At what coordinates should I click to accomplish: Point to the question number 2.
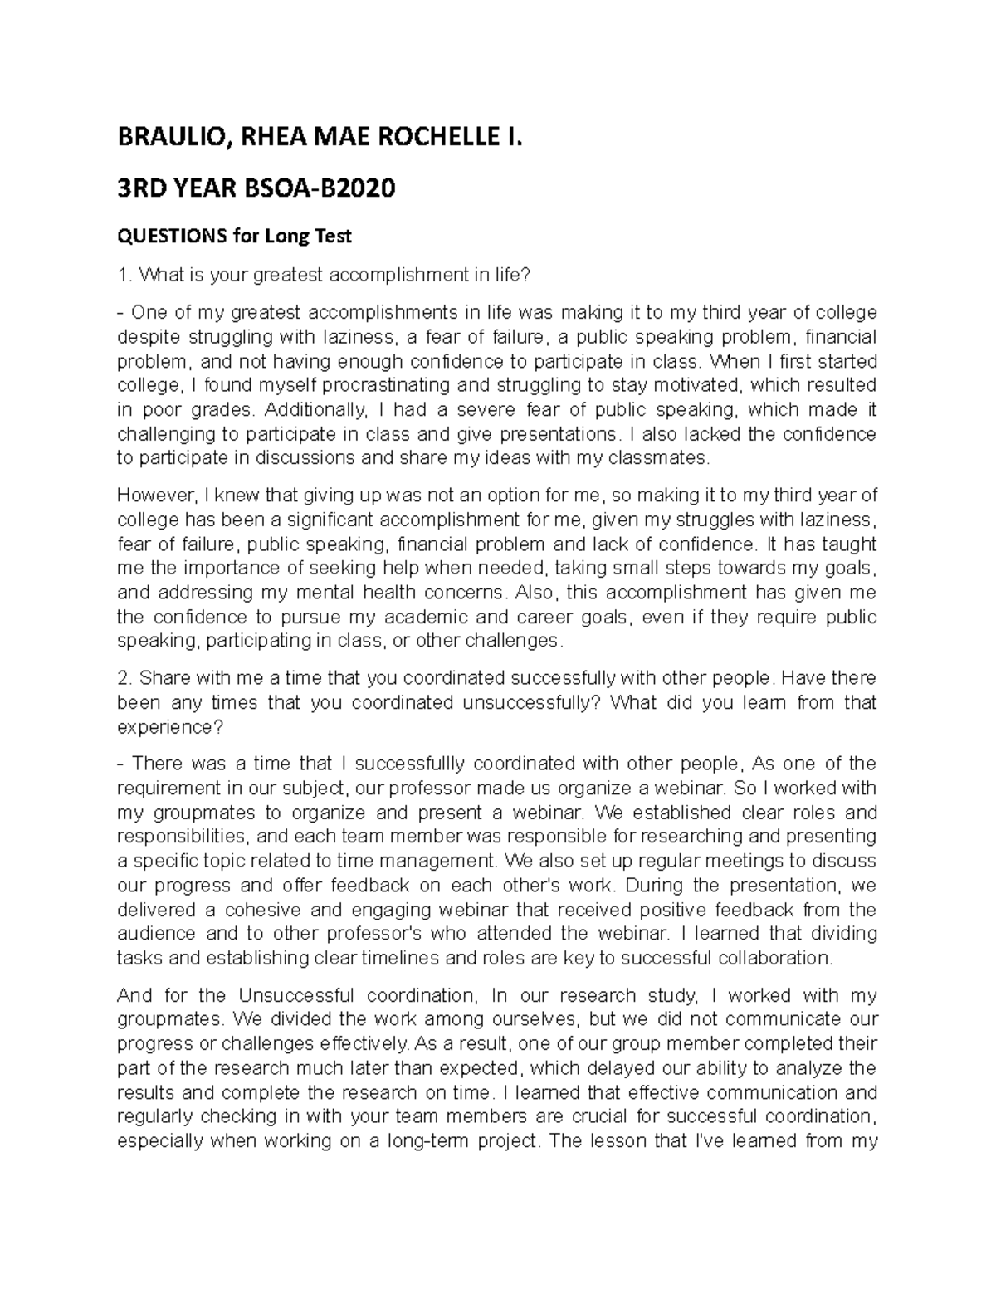(x=123, y=678)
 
